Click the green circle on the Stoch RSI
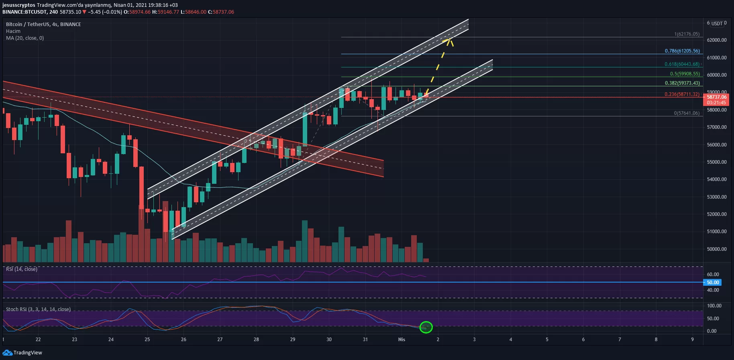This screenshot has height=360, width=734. (x=426, y=327)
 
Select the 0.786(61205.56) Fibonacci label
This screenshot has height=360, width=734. (x=682, y=51)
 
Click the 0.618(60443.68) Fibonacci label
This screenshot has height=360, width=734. (x=682, y=64)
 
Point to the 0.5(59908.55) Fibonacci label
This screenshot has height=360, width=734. (x=685, y=74)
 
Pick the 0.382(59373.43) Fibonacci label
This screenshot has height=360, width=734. (x=682, y=83)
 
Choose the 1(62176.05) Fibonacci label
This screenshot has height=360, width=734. (x=687, y=34)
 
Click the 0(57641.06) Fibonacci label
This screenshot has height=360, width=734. (x=687, y=113)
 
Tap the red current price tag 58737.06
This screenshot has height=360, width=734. (x=717, y=97)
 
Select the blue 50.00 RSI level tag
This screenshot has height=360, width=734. (x=713, y=283)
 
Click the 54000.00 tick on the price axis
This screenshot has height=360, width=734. (x=717, y=179)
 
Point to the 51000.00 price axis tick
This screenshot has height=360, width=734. (x=717, y=232)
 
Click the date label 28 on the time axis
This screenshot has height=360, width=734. (x=256, y=340)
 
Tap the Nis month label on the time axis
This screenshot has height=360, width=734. (x=402, y=340)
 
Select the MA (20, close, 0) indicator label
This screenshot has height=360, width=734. (x=25, y=38)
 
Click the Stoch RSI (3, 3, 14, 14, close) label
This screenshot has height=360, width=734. (x=38, y=309)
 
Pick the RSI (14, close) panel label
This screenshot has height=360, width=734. (x=22, y=269)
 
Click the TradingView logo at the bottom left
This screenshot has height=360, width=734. (x=22, y=353)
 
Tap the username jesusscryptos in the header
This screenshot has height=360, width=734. (x=19, y=5)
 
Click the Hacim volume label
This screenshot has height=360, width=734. (x=13, y=31)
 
